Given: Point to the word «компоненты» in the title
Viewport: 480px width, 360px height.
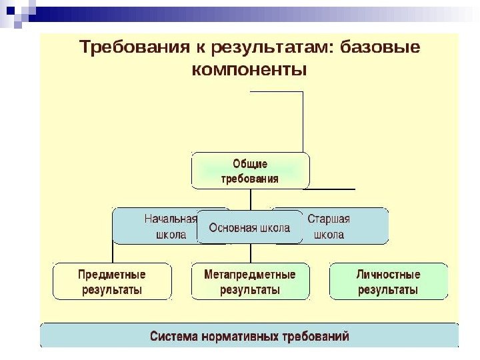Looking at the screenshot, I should (x=249, y=69).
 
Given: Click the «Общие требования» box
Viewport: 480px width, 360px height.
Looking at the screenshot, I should (x=250, y=171).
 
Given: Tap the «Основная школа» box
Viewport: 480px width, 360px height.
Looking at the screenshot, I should (x=250, y=228).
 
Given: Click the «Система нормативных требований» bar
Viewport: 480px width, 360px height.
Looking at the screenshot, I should (x=249, y=336).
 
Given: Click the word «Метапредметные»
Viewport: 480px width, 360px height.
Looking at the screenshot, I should (x=250, y=275).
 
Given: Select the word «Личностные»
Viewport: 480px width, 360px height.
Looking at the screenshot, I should (x=388, y=275).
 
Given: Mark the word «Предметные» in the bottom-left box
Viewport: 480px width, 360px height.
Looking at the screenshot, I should (x=112, y=275).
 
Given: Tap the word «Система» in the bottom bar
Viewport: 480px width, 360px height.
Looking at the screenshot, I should (x=173, y=336).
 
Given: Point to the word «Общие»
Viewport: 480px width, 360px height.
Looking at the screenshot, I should (x=250, y=163).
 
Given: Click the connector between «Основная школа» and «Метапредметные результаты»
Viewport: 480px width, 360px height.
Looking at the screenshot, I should (x=251, y=253).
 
